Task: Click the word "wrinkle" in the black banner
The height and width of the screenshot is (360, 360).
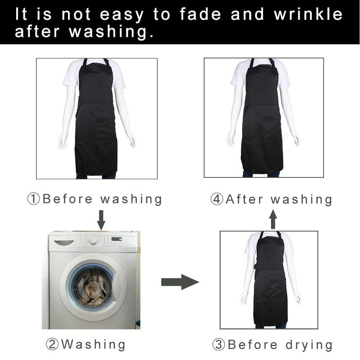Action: tap(308, 14)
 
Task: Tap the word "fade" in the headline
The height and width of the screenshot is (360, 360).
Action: tap(200, 14)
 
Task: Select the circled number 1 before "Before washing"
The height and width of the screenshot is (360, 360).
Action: tap(33, 199)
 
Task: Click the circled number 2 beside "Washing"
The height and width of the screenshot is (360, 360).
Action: tap(52, 344)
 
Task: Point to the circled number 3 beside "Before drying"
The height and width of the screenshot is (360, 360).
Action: tap(219, 345)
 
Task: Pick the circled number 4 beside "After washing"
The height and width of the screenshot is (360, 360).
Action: tap(217, 199)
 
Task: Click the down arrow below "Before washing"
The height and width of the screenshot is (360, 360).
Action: tap(101, 220)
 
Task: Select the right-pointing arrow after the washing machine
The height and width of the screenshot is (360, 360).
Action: tap(180, 282)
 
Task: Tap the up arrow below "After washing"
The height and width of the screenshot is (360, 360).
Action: tap(273, 219)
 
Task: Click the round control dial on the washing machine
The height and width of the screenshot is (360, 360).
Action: tap(93, 240)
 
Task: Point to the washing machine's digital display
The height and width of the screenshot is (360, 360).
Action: tap(117, 239)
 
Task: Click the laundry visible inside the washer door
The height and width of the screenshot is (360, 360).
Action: tap(93, 290)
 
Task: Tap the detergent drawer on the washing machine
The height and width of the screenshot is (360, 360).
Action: tap(64, 243)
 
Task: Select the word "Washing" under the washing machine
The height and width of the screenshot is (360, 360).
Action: tap(94, 344)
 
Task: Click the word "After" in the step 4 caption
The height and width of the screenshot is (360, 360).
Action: tap(244, 199)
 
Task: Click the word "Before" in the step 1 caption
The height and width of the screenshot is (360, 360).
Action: tap(68, 199)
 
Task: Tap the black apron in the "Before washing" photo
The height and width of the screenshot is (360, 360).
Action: tap(96, 119)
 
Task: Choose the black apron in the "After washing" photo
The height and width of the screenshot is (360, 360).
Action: tap(262, 117)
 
